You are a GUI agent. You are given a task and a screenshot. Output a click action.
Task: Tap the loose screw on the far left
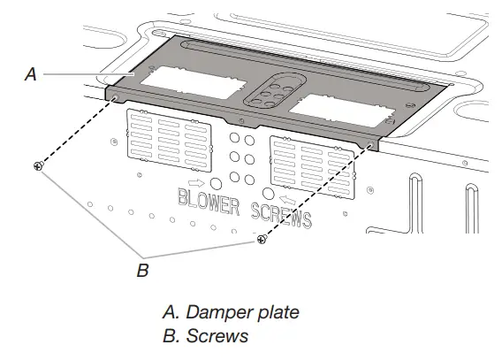pos(36,165)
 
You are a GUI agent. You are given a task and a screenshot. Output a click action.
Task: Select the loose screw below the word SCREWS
pos(261,239)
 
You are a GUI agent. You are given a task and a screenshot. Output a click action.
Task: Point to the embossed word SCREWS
pos(281,213)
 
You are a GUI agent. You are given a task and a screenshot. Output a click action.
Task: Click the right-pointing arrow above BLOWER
pos(194,188)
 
